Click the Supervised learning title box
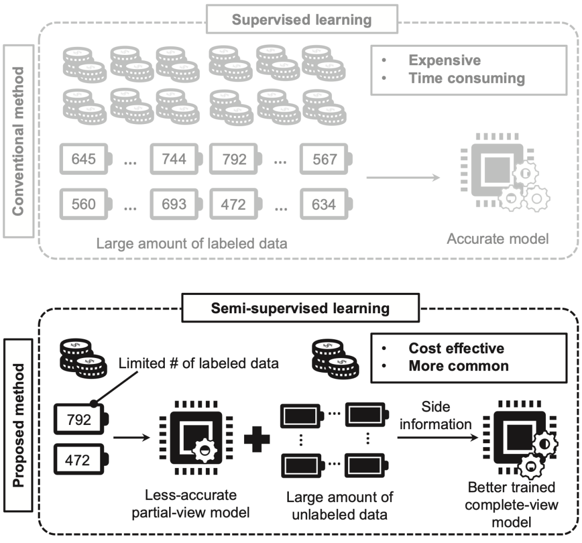[302, 19]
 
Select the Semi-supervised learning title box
[300, 308]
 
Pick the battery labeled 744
[176, 159]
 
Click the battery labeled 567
[326, 159]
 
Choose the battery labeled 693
[176, 204]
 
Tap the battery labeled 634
[326, 204]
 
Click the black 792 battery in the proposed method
[81, 419]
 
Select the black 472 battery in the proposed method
[81, 459]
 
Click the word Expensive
[445, 60]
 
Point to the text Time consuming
[467, 78]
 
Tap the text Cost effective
[456, 348]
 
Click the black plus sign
[257, 439]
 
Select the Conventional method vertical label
[18, 141]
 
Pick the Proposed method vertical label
[18, 425]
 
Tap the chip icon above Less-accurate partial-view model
[196, 437]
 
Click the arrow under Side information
[438, 437]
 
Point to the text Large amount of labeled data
[192, 244]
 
